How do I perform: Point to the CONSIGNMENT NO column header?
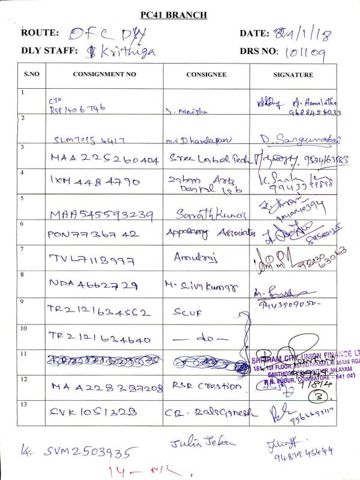pyautogui.click(x=104, y=75)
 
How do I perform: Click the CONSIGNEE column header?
pyautogui.click(x=206, y=75)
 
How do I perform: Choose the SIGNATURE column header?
pyautogui.click(x=293, y=75)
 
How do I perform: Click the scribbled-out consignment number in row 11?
pyautogui.click(x=104, y=361)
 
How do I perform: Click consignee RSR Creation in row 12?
pyautogui.click(x=206, y=386)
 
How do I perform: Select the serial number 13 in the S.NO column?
pyautogui.click(x=24, y=406)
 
